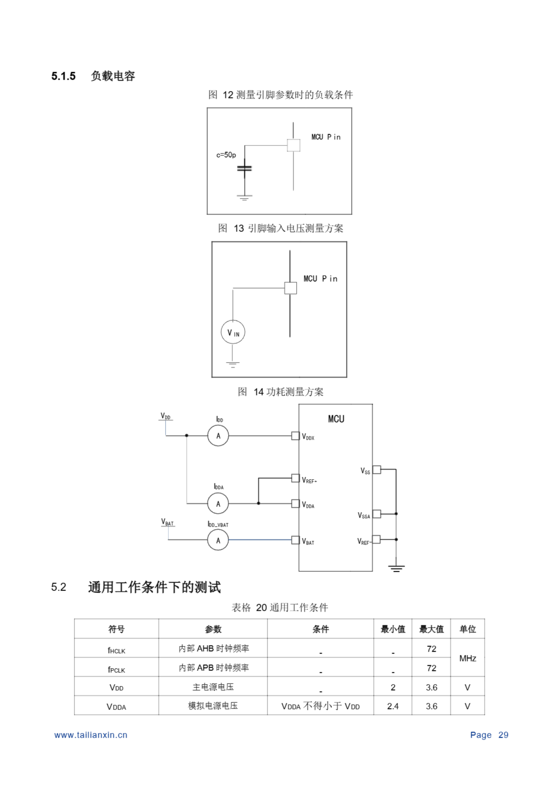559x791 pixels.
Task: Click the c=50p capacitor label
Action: click(226, 155)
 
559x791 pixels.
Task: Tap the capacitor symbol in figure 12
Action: click(245, 168)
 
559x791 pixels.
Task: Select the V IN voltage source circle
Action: click(233, 332)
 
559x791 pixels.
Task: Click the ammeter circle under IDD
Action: click(218, 436)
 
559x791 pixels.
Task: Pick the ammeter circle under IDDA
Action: click(218, 503)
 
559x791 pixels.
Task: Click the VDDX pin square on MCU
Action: click(295, 436)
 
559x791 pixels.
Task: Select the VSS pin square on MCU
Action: click(377, 470)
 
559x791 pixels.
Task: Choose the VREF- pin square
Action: click(377, 539)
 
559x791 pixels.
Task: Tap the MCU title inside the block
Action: click(336, 419)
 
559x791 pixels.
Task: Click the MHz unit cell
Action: click(467, 658)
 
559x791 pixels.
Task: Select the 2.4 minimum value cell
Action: click(393, 706)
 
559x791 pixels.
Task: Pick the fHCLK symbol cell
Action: click(116, 650)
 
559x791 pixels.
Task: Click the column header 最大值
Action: click(431, 629)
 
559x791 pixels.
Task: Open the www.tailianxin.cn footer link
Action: click(91, 735)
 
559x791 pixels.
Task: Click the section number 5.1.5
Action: click(63, 76)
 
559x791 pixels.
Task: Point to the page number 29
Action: click(503, 735)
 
